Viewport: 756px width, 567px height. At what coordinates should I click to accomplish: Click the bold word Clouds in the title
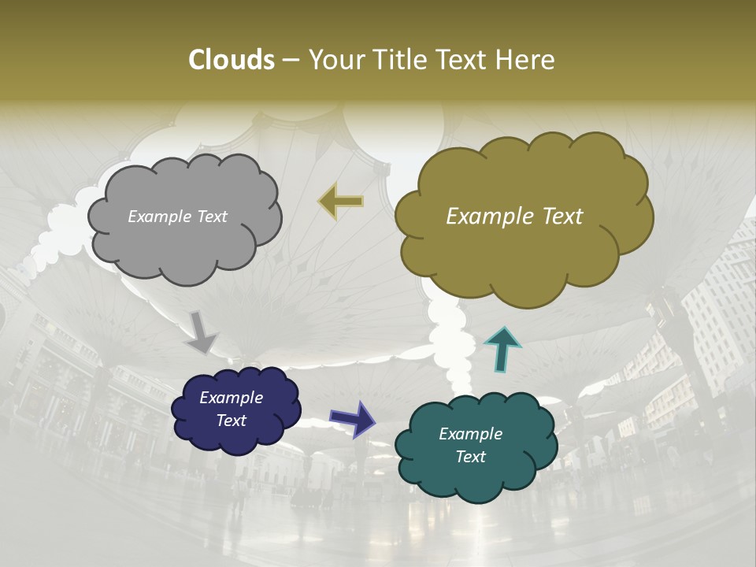pos(231,60)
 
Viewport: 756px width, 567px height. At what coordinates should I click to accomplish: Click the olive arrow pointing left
pos(341,202)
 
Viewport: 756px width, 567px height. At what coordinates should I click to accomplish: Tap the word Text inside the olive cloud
pos(557,217)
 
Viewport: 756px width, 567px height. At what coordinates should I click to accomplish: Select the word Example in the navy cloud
pos(231,398)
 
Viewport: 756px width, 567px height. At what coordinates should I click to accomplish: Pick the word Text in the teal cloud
pos(470,457)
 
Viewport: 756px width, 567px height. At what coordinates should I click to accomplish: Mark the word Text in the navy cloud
pos(231,421)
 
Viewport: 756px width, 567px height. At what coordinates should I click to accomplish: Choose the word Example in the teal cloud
pos(470,434)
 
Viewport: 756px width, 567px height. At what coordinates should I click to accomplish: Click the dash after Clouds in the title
pos(290,60)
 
